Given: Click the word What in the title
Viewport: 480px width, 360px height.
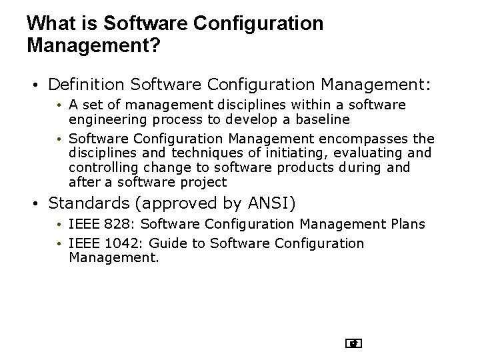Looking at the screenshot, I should click(x=47, y=25).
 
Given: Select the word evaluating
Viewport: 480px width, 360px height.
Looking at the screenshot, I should click(x=352, y=153).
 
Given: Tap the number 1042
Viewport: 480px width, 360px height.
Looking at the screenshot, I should click(x=123, y=243).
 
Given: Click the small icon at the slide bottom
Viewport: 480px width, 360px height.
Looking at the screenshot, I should click(x=354, y=345).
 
